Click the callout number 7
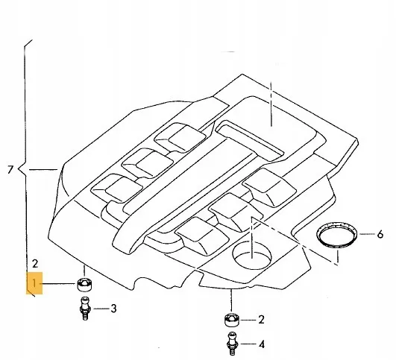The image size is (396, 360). tap(10, 170)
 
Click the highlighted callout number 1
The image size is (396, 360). tap(34, 283)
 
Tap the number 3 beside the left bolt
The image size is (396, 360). tap(113, 309)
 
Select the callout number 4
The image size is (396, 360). tap(262, 344)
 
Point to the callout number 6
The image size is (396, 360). tap(380, 235)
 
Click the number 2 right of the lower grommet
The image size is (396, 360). tap(261, 320)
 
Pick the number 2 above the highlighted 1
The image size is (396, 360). tap(35, 264)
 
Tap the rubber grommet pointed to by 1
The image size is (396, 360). tap(84, 284)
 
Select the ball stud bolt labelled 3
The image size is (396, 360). tap(85, 309)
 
